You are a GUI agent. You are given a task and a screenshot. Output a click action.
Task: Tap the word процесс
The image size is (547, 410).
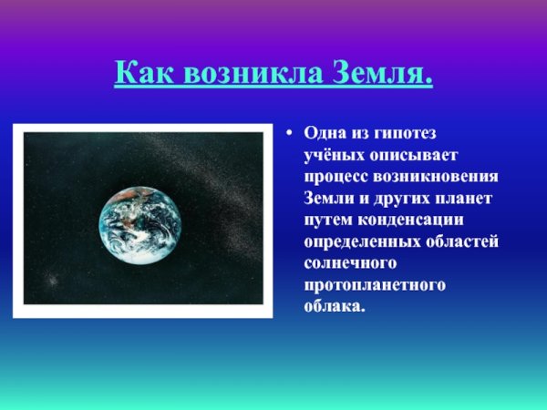coord(336,178)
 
